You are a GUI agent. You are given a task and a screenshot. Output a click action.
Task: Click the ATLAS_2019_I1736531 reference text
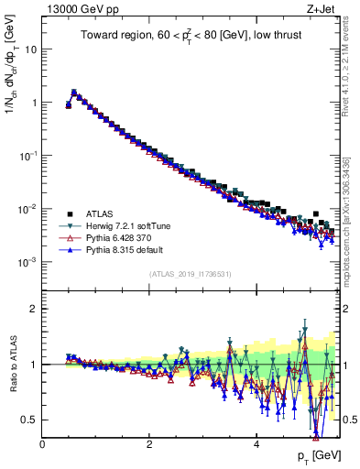click(x=190, y=274)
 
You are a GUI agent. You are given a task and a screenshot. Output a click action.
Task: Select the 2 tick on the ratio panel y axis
click(x=35, y=309)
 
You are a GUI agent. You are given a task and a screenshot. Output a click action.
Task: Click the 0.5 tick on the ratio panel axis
click(x=31, y=420)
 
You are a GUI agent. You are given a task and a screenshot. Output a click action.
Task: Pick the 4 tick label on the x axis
click(x=256, y=444)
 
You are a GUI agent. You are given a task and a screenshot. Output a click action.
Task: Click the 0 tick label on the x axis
click(x=42, y=444)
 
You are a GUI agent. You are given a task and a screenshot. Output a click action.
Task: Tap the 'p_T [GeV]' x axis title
click(x=311, y=457)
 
